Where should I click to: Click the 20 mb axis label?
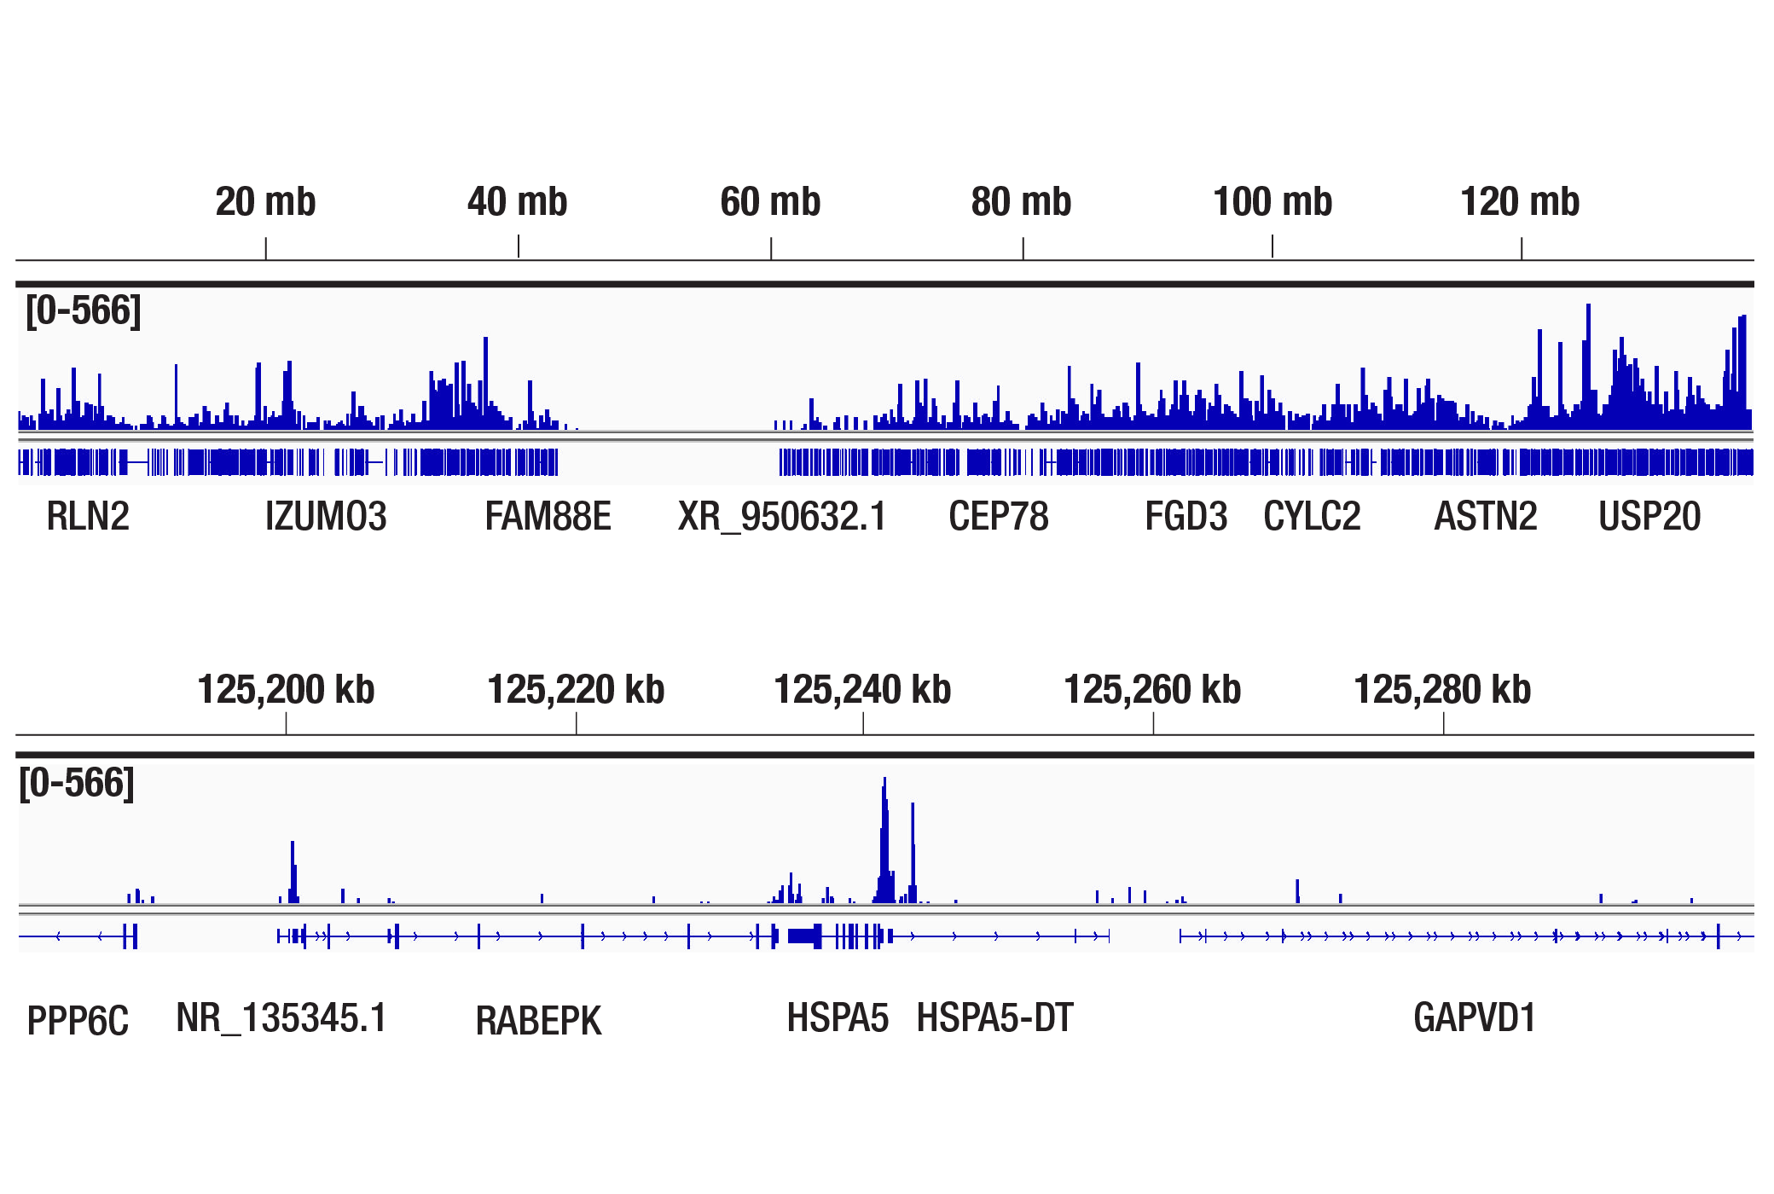pos(265,202)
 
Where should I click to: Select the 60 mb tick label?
pos(770,202)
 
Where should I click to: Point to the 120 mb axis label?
pos(1520,202)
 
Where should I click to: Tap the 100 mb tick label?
pos(1272,202)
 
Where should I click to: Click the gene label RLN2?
pos(88,517)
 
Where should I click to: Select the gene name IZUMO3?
pos(326,517)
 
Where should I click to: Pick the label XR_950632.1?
pos(782,517)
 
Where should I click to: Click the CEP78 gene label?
pos(998,517)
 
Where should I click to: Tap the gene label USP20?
pos(1649,517)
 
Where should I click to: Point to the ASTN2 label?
pos(1485,517)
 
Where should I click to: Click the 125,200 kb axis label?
pos(286,689)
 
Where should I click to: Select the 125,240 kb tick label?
pos(862,689)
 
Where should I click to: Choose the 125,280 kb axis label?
pos(1442,689)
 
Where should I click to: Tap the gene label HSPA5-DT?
pos(994,1018)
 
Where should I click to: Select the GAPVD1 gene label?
pos(1474,1018)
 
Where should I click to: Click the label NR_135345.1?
pos(281,1018)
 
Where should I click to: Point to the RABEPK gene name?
pos(538,1021)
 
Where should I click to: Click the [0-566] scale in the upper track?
pos(83,310)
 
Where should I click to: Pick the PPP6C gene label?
pos(78,1021)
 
